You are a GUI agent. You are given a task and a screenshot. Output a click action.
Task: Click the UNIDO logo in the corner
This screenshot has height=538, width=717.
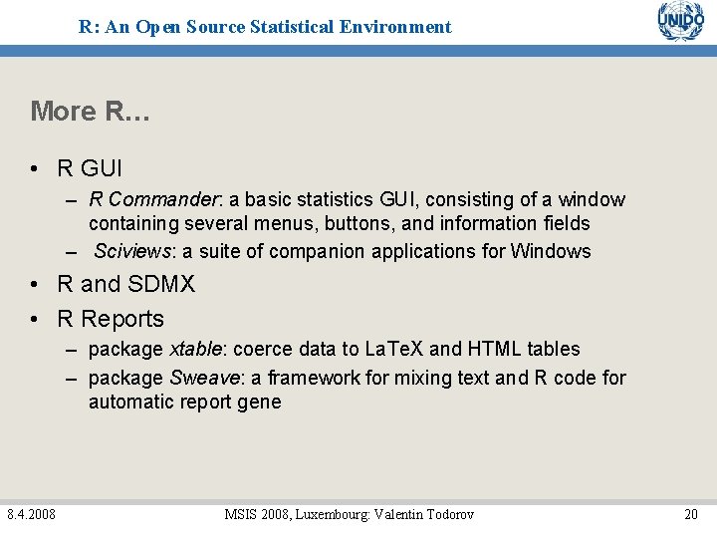pyautogui.click(x=680, y=22)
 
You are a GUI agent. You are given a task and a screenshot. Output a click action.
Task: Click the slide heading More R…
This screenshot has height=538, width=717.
pyautogui.click(x=90, y=111)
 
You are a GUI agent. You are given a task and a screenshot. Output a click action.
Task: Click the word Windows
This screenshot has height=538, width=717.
pyautogui.click(x=551, y=251)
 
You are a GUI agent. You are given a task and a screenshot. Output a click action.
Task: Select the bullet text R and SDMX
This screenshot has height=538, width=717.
pyautogui.click(x=126, y=284)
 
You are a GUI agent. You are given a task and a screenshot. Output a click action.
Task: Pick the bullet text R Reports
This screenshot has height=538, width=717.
pyautogui.click(x=111, y=319)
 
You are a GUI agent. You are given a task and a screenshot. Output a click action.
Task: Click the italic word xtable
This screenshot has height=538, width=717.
pyautogui.click(x=196, y=349)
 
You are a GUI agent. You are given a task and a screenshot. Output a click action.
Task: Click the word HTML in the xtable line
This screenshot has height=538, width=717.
pyautogui.click(x=494, y=349)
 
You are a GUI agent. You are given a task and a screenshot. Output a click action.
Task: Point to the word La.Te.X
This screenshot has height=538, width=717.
pyautogui.click(x=393, y=349)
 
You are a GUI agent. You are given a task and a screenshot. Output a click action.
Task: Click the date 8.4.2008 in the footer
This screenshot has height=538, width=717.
pyautogui.click(x=31, y=514)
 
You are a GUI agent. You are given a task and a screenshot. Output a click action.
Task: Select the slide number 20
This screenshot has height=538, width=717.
pyautogui.click(x=690, y=514)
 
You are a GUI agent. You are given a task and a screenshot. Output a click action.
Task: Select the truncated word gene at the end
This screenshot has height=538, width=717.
pyautogui.click(x=260, y=403)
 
